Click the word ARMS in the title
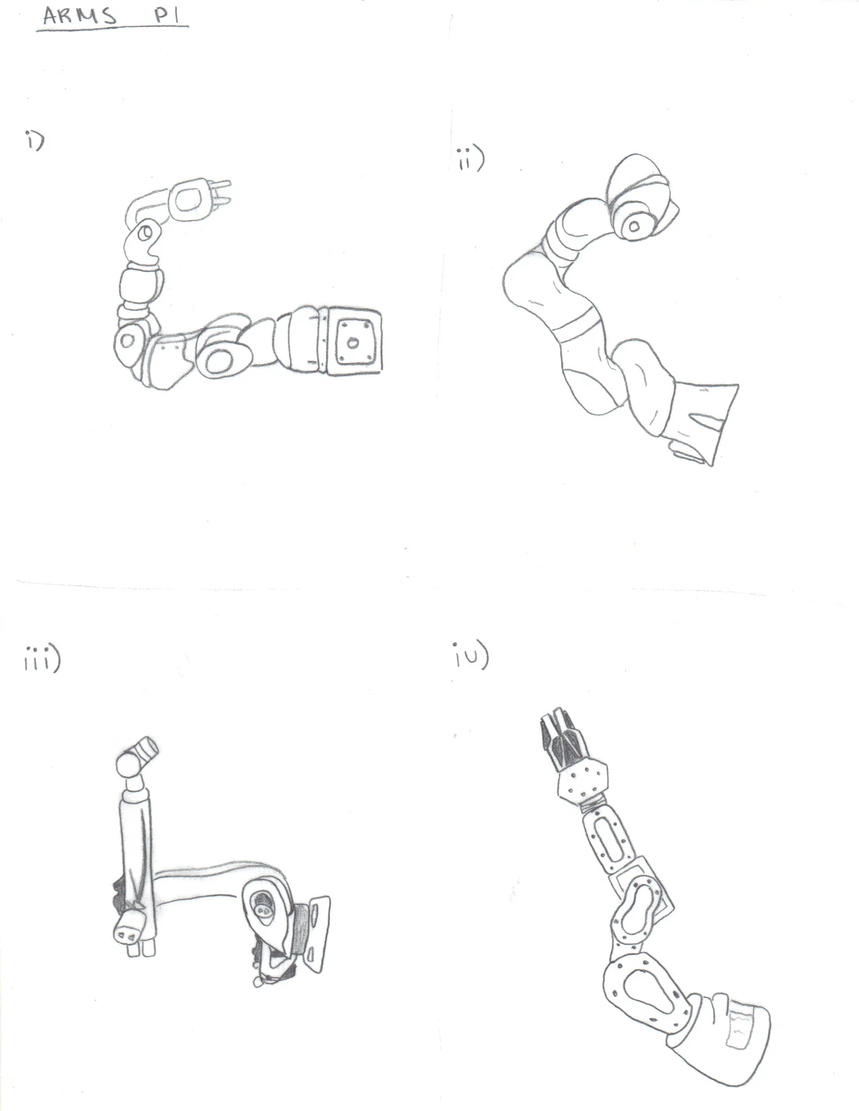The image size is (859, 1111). tap(80, 16)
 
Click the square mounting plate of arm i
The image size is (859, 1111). tap(353, 340)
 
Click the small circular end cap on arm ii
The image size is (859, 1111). tap(633, 226)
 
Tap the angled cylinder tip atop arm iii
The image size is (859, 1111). tap(145, 748)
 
